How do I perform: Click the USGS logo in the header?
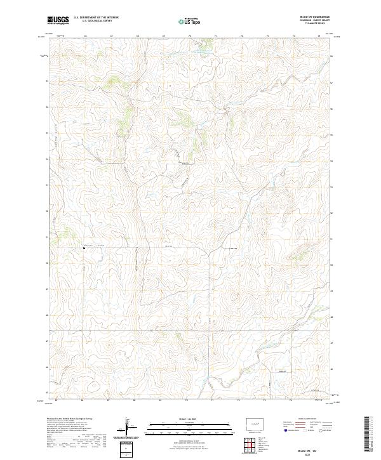coord(58,21)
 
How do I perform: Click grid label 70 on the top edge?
coord(190,37)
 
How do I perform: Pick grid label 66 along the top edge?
coord(85,37)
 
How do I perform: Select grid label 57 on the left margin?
coord(45,81)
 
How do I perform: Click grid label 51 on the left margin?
coord(45,237)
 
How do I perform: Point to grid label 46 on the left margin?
coord(45,367)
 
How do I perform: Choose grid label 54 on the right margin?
coord(332,159)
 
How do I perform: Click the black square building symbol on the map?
coord(84,248)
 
